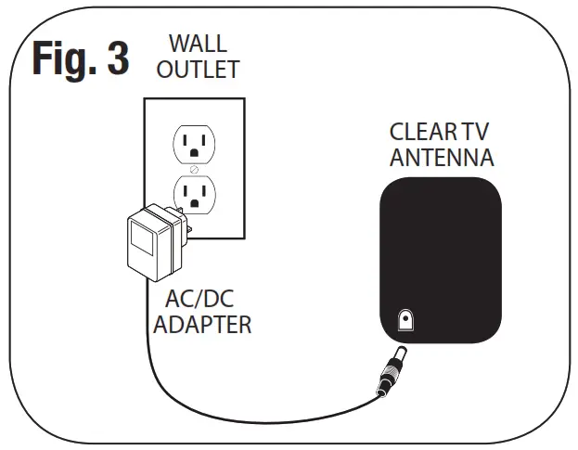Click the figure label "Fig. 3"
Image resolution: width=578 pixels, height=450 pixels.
(81, 58)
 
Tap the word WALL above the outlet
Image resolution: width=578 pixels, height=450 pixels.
(198, 42)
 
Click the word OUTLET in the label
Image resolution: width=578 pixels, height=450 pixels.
(198, 70)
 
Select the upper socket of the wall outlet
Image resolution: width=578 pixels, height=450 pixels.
(193, 143)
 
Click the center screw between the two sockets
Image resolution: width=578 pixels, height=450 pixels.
(194, 169)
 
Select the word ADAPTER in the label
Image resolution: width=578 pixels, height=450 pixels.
(202, 326)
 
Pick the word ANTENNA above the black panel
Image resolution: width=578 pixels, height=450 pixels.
(442, 158)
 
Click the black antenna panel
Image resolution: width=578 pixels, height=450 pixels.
(442, 251)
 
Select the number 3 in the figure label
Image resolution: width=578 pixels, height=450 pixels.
(115, 58)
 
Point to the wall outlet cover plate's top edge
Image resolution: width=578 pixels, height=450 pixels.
(194, 99)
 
